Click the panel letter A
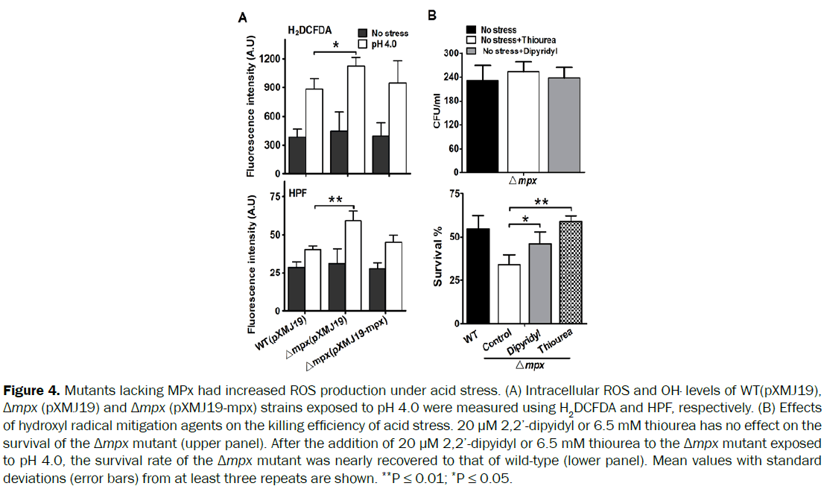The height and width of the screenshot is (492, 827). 241,16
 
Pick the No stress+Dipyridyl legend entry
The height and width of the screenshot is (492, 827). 518,51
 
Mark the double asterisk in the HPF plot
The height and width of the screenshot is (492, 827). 335,201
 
